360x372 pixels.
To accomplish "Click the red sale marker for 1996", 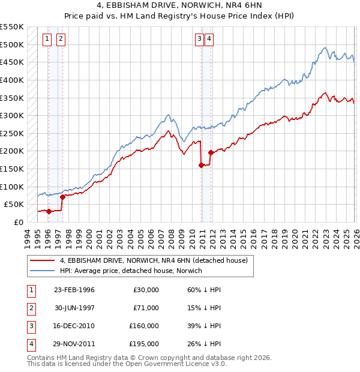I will (49, 211).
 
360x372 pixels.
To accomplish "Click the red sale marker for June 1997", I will (62, 196).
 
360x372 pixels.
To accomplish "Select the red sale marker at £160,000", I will (201, 165).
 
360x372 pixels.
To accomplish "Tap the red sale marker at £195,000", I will (211, 152).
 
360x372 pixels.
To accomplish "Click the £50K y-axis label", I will (14, 204).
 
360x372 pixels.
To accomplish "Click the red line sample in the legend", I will (43, 261).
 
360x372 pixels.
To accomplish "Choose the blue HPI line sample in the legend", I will (43, 271).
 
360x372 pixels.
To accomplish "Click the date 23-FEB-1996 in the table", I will (74, 290).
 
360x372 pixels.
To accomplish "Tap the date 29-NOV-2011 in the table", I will (74, 344).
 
